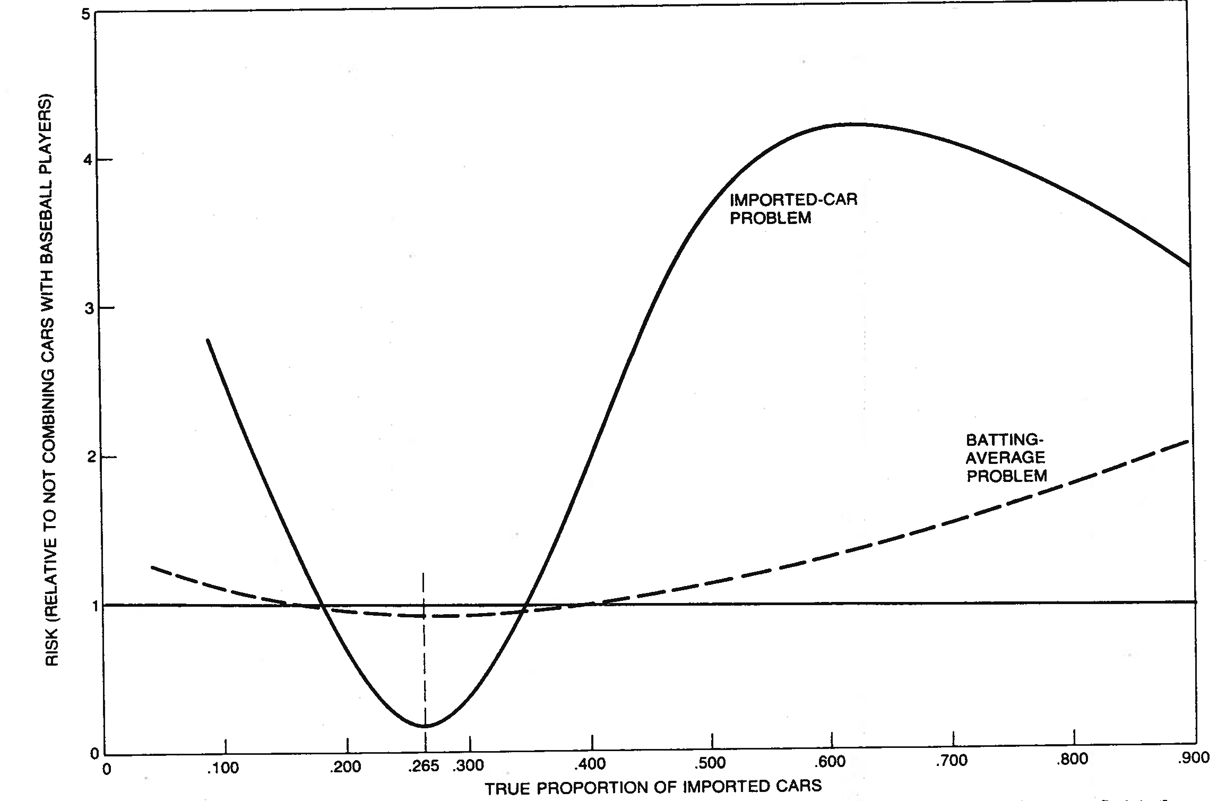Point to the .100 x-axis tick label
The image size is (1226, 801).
(223, 768)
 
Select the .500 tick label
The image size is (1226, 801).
(710, 763)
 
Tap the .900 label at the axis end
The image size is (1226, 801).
(1194, 759)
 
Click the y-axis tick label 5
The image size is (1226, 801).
(85, 14)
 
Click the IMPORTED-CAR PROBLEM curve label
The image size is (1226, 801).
(793, 209)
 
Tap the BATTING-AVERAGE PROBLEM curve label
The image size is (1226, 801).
(1006, 457)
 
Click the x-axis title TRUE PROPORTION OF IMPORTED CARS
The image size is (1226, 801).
(653, 787)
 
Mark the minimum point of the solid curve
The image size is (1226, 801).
(426, 726)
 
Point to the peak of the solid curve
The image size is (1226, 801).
(854, 124)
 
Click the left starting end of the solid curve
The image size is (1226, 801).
(208, 340)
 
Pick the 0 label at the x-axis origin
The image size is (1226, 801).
(107, 769)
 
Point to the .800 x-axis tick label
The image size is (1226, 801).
(1073, 760)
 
